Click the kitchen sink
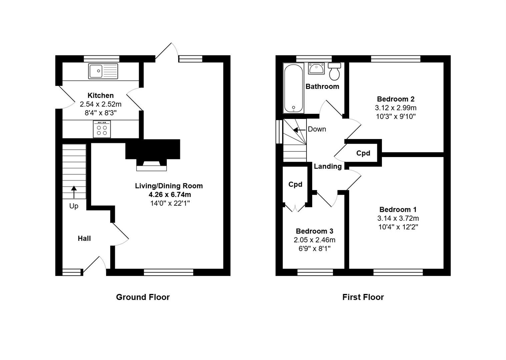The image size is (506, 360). pyautogui.click(x=103, y=71)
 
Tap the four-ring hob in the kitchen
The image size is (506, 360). pyautogui.click(x=102, y=129)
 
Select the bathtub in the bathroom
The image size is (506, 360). pyautogui.click(x=294, y=88)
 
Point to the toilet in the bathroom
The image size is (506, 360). pyautogui.click(x=334, y=71)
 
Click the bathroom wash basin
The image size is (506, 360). pyautogui.click(x=316, y=68)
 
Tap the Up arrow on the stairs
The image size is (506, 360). pyautogui.click(x=74, y=192)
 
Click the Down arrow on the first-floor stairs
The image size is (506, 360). pyautogui.click(x=299, y=130)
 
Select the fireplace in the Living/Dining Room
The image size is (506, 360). pyautogui.click(x=153, y=155)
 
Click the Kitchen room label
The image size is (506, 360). pyautogui.click(x=100, y=95)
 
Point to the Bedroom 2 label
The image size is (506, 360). pyautogui.click(x=396, y=99)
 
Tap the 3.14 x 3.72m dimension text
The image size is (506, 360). pyautogui.click(x=398, y=218)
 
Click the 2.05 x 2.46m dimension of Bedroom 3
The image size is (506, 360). pyautogui.click(x=315, y=240)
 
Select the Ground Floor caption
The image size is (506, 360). pyautogui.click(x=143, y=297)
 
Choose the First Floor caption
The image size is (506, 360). pyautogui.click(x=363, y=297)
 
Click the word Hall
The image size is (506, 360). pyautogui.click(x=84, y=238)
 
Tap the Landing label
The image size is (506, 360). pyautogui.click(x=328, y=166)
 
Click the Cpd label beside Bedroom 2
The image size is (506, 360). pyautogui.click(x=363, y=153)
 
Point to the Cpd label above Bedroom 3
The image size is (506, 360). pyautogui.click(x=295, y=184)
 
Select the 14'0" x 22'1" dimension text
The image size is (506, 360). pyautogui.click(x=170, y=203)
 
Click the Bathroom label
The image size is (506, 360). pyautogui.click(x=322, y=86)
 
